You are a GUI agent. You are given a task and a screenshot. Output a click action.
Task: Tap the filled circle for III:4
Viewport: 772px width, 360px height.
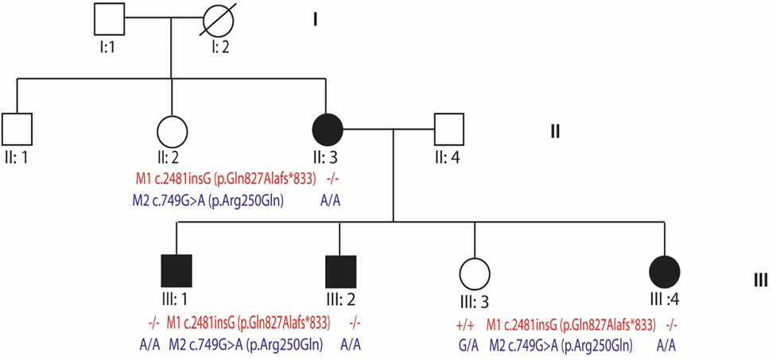pos(665,271)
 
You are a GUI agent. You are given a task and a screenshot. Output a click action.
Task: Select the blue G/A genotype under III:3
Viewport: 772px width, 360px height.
pos(467,346)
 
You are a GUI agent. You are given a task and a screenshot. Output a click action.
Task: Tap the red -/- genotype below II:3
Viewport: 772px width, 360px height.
pos(332,180)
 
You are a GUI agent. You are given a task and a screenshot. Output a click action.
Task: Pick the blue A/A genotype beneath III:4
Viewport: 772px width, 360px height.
pos(665,346)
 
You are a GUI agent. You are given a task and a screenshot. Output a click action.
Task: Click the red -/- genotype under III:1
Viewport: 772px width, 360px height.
pos(153,325)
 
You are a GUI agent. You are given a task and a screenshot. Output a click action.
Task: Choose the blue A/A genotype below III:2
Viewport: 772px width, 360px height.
pos(351,346)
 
